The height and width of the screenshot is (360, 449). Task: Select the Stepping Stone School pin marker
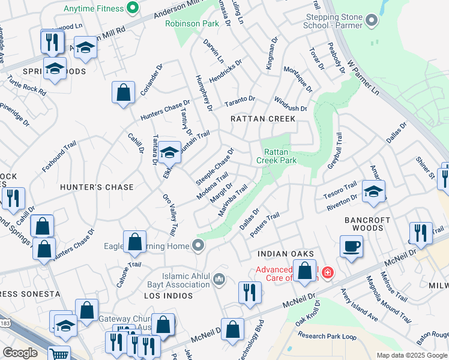[x=372, y=22]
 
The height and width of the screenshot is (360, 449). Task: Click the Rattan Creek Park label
[x=276, y=156]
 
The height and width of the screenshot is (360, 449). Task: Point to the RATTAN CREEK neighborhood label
[x=263, y=119]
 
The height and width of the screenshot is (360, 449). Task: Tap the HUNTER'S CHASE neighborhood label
[x=97, y=187]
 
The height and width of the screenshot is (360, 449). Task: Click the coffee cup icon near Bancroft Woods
[x=351, y=245]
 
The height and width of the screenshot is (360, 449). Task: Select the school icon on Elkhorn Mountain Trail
[x=170, y=152]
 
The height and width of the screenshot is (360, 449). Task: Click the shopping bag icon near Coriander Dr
[x=123, y=93]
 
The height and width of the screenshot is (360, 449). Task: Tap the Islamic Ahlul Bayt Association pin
[x=219, y=279]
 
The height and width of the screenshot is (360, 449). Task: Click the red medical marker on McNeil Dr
[x=327, y=274]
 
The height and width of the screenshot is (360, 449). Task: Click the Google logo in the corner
[x=20, y=353]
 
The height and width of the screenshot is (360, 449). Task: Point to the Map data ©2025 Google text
[x=412, y=355]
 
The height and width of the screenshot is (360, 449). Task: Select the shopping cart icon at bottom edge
[x=59, y=354]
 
